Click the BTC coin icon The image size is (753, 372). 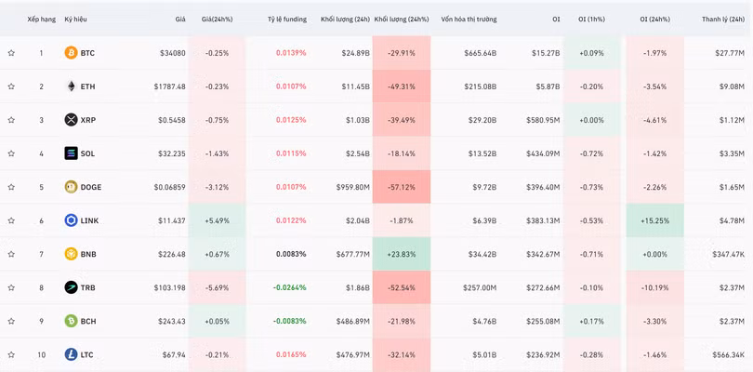tap(71, 53)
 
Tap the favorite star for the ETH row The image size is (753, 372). tap(11, 86)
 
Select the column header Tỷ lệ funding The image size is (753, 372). tap(286, 19)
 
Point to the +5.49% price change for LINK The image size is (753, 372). tap(216, 220)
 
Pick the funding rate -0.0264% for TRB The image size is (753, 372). tap(289, 287)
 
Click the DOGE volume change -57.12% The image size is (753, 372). tap(401, 187)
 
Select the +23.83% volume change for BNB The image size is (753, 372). tap(401, 254)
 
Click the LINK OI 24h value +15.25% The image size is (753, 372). tap(654, 220)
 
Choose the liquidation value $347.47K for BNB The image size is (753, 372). tap(727, 254)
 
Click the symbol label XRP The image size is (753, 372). tap(88, 120)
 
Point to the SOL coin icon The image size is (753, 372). tap(71, 153)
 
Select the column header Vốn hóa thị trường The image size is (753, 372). tap(469, 19)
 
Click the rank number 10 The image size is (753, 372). tap(41, 354)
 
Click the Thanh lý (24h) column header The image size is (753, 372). tap(723, 19)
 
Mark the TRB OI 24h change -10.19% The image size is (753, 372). tap(654, 287)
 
